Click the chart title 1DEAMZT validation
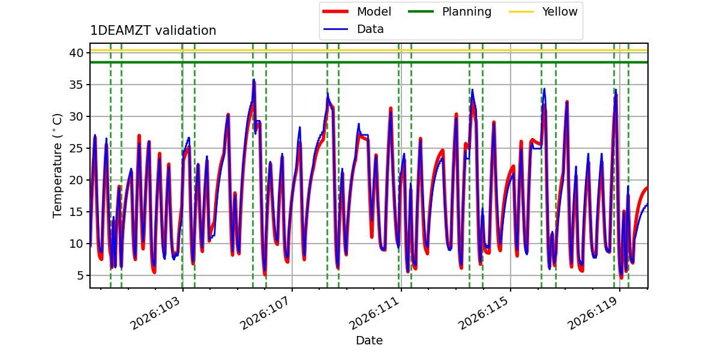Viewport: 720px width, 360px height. click(153, 31)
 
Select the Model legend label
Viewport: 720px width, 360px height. click(374, 11)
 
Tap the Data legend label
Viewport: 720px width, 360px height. click(370, 29)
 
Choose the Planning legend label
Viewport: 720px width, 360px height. click(467, 11)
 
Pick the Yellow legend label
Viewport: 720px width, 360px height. click(560, 11)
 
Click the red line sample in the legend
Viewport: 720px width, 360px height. click(335, 11)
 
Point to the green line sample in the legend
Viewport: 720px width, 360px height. click(421, 11)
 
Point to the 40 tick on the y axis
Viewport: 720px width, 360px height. click(77, 53)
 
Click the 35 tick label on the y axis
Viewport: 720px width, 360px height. click(77, 85)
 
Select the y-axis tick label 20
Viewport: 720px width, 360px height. click(77, 180)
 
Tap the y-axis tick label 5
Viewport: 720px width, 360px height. click(80, 275)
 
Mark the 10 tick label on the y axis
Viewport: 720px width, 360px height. click(77, 244)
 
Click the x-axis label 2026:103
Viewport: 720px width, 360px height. click(155, 313)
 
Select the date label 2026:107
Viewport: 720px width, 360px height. click(265, 313)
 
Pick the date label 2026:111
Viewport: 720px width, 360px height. click(374, 313)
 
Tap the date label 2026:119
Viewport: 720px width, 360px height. click(592, 313)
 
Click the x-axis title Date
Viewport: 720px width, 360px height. click(369, 340)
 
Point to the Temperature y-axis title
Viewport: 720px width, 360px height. click(57, 166)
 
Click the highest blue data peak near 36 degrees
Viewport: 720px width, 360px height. click(254, 80)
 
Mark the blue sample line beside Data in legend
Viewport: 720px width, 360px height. click(335, 29)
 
